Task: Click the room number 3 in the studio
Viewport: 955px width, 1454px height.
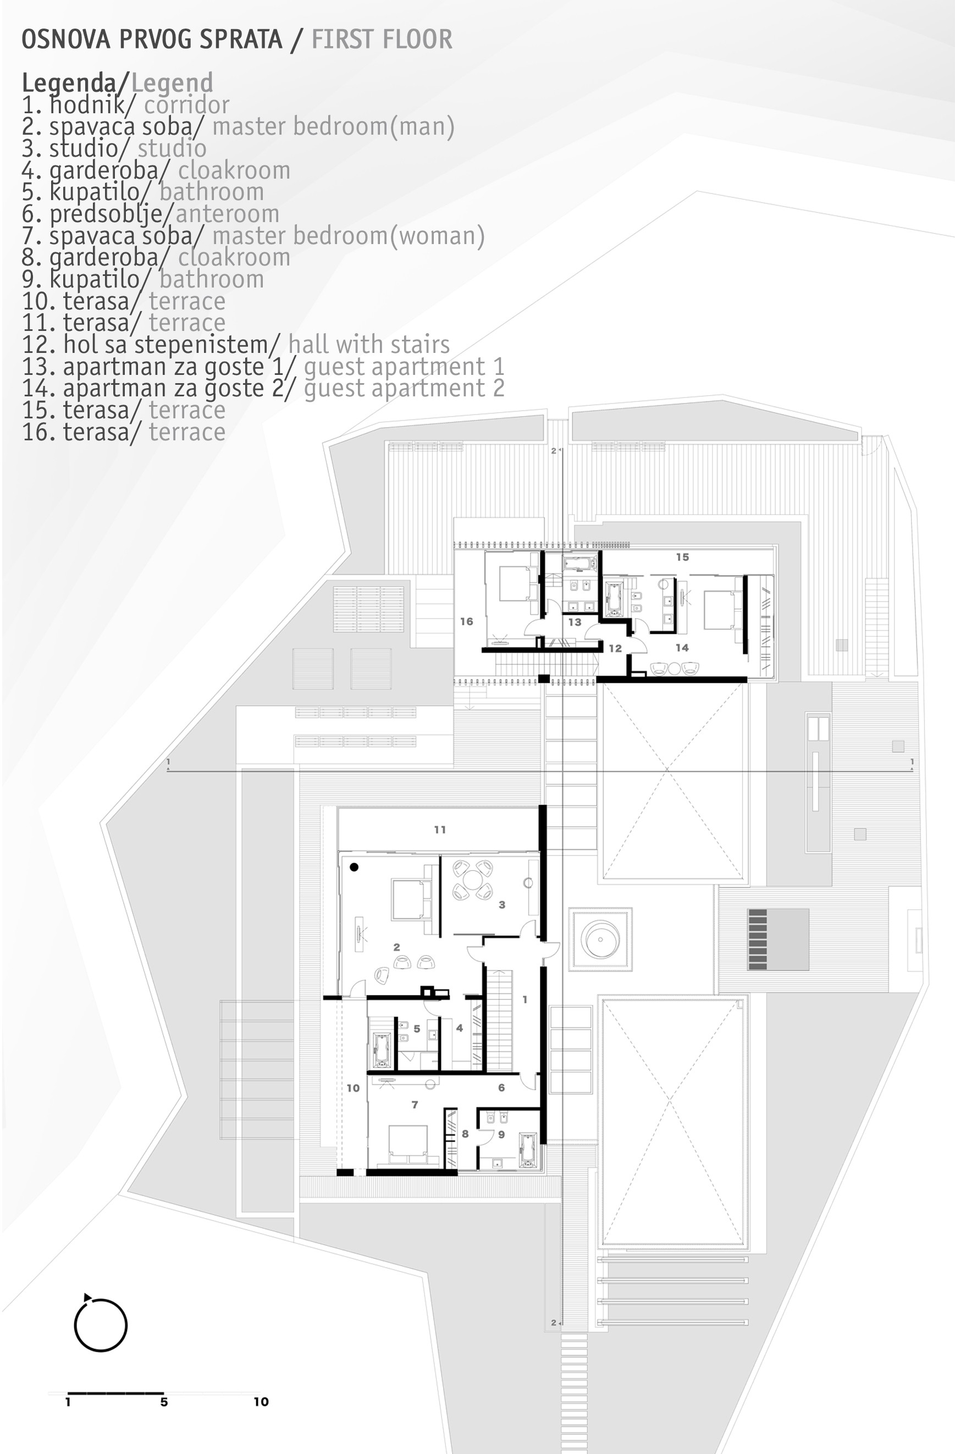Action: click(x=501, y=905)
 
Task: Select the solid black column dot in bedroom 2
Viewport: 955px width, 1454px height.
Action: click(x=354, y=867)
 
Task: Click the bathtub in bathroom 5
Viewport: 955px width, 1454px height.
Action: click(x=383, y=1051)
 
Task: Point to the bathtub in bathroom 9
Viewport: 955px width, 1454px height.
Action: click(x=527, y=1152)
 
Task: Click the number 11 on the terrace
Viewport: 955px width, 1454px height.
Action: click(x=440, y=830)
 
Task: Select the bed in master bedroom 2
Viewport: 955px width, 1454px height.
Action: click(x=412, y=899)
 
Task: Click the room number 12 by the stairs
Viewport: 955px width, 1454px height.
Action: click(x=615, y=648)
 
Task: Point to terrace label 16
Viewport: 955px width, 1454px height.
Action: click(x=467, y=621)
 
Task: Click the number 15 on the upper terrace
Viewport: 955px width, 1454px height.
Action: click(x=682, y=557)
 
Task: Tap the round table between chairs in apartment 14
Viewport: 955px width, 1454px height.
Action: click(x=674, y=668)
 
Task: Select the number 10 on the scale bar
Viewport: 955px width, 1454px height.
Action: click(x=262, y=1402)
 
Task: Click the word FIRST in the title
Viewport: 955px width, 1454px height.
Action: click(x=341, y=39)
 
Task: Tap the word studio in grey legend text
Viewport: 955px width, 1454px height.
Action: click(x=172, y=148)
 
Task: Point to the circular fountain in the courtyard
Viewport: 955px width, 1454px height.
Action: click(x=600, y=939)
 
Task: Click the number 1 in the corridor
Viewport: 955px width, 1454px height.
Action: click(x=525, y=999)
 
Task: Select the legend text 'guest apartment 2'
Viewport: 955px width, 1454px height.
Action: click(x=404, y=389)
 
